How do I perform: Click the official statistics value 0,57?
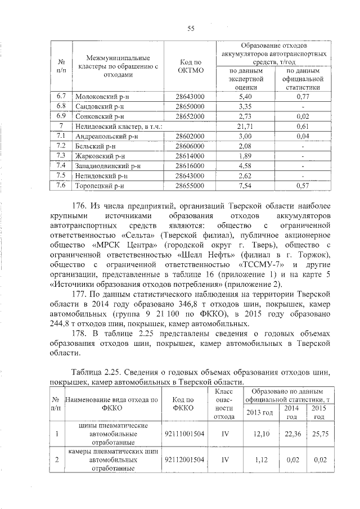(303, 186)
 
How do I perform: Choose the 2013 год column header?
(260, 413)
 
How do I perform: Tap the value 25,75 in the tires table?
(319, 434)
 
